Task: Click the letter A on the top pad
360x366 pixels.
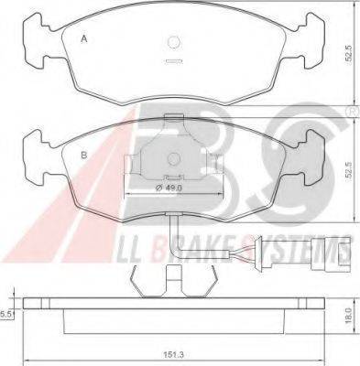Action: (x=84, y=39)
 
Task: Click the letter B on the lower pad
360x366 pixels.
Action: (x=83, y=155)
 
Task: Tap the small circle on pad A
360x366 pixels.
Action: (x=174, y=42)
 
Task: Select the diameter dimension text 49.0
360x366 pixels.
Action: (x=169, y=188)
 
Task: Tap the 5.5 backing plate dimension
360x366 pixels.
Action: (x=5, y=315)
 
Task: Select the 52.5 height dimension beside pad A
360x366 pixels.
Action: (x=349, y=55)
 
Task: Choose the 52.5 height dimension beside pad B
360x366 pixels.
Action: (x=349, y=172)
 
